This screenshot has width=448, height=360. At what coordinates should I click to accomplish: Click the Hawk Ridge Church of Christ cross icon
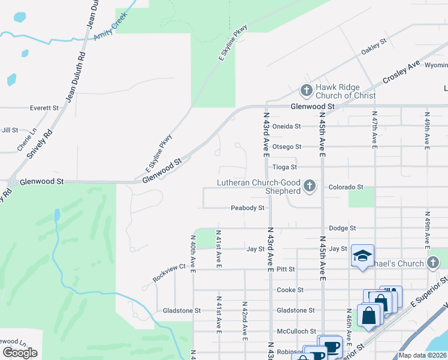click(306, 91)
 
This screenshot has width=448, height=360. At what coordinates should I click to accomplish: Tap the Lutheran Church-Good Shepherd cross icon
click(310, 187)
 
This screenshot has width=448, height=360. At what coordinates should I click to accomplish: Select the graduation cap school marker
click(362, 256)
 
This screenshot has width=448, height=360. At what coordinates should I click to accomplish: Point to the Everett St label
click(44, 109)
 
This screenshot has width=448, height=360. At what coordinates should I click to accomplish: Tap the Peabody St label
click(248, 208)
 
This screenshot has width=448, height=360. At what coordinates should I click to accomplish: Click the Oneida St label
click(286, 127)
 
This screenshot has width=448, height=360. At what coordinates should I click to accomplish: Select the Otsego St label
click(287, 147)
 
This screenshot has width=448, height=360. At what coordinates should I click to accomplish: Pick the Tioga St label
click(284, 167)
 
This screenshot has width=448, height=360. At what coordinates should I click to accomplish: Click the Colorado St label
click(346, 187)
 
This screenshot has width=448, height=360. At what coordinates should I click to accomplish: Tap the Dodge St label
click(343, 229)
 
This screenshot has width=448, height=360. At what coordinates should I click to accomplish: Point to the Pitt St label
click(286, 269)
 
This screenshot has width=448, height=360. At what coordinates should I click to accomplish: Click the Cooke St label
click(290, 290)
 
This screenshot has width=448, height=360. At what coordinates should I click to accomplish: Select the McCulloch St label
click(296, 331)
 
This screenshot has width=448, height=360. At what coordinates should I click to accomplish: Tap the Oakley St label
click(374, 48)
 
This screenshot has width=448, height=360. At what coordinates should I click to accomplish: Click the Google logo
click(20, 352)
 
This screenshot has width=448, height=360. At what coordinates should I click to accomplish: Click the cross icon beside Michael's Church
click(433, 263)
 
